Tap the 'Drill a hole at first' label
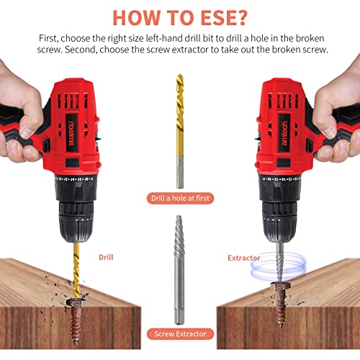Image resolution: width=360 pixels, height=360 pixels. click(179, 197)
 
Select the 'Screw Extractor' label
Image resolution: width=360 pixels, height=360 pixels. click(179, 333)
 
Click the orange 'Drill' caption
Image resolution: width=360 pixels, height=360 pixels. click(105, 256)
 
